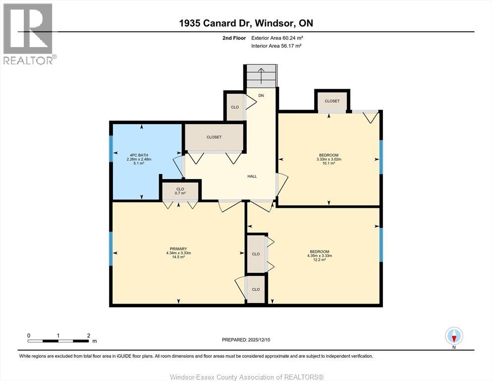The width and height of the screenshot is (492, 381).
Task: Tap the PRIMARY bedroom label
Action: click(x=178, y=249)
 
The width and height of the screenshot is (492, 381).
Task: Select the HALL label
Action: click(x=252, y=176)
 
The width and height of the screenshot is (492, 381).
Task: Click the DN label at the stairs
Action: click(x=261, y=95)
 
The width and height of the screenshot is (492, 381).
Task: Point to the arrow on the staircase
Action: click(x=261, y=76)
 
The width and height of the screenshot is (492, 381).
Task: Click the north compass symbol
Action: click(x=454, y=336)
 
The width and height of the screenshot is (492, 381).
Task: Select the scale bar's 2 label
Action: click(x=88, y=335)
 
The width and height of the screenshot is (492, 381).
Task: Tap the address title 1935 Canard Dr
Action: click(x=246, y=23)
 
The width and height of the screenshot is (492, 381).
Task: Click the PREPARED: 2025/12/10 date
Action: click(x=246, y=340)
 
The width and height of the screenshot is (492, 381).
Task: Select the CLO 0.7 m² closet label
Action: click(x=180, y=191)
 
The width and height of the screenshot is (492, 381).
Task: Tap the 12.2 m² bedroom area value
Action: click(x=320, y=260)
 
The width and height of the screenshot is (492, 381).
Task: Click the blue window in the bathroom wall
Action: click(x=111, y=148)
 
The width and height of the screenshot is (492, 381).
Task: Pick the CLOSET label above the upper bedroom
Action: click(x=332, y=101)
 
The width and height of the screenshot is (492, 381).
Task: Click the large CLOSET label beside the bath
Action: click(x=214, y=137)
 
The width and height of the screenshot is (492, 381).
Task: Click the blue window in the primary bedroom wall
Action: click(x=111, y=248)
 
